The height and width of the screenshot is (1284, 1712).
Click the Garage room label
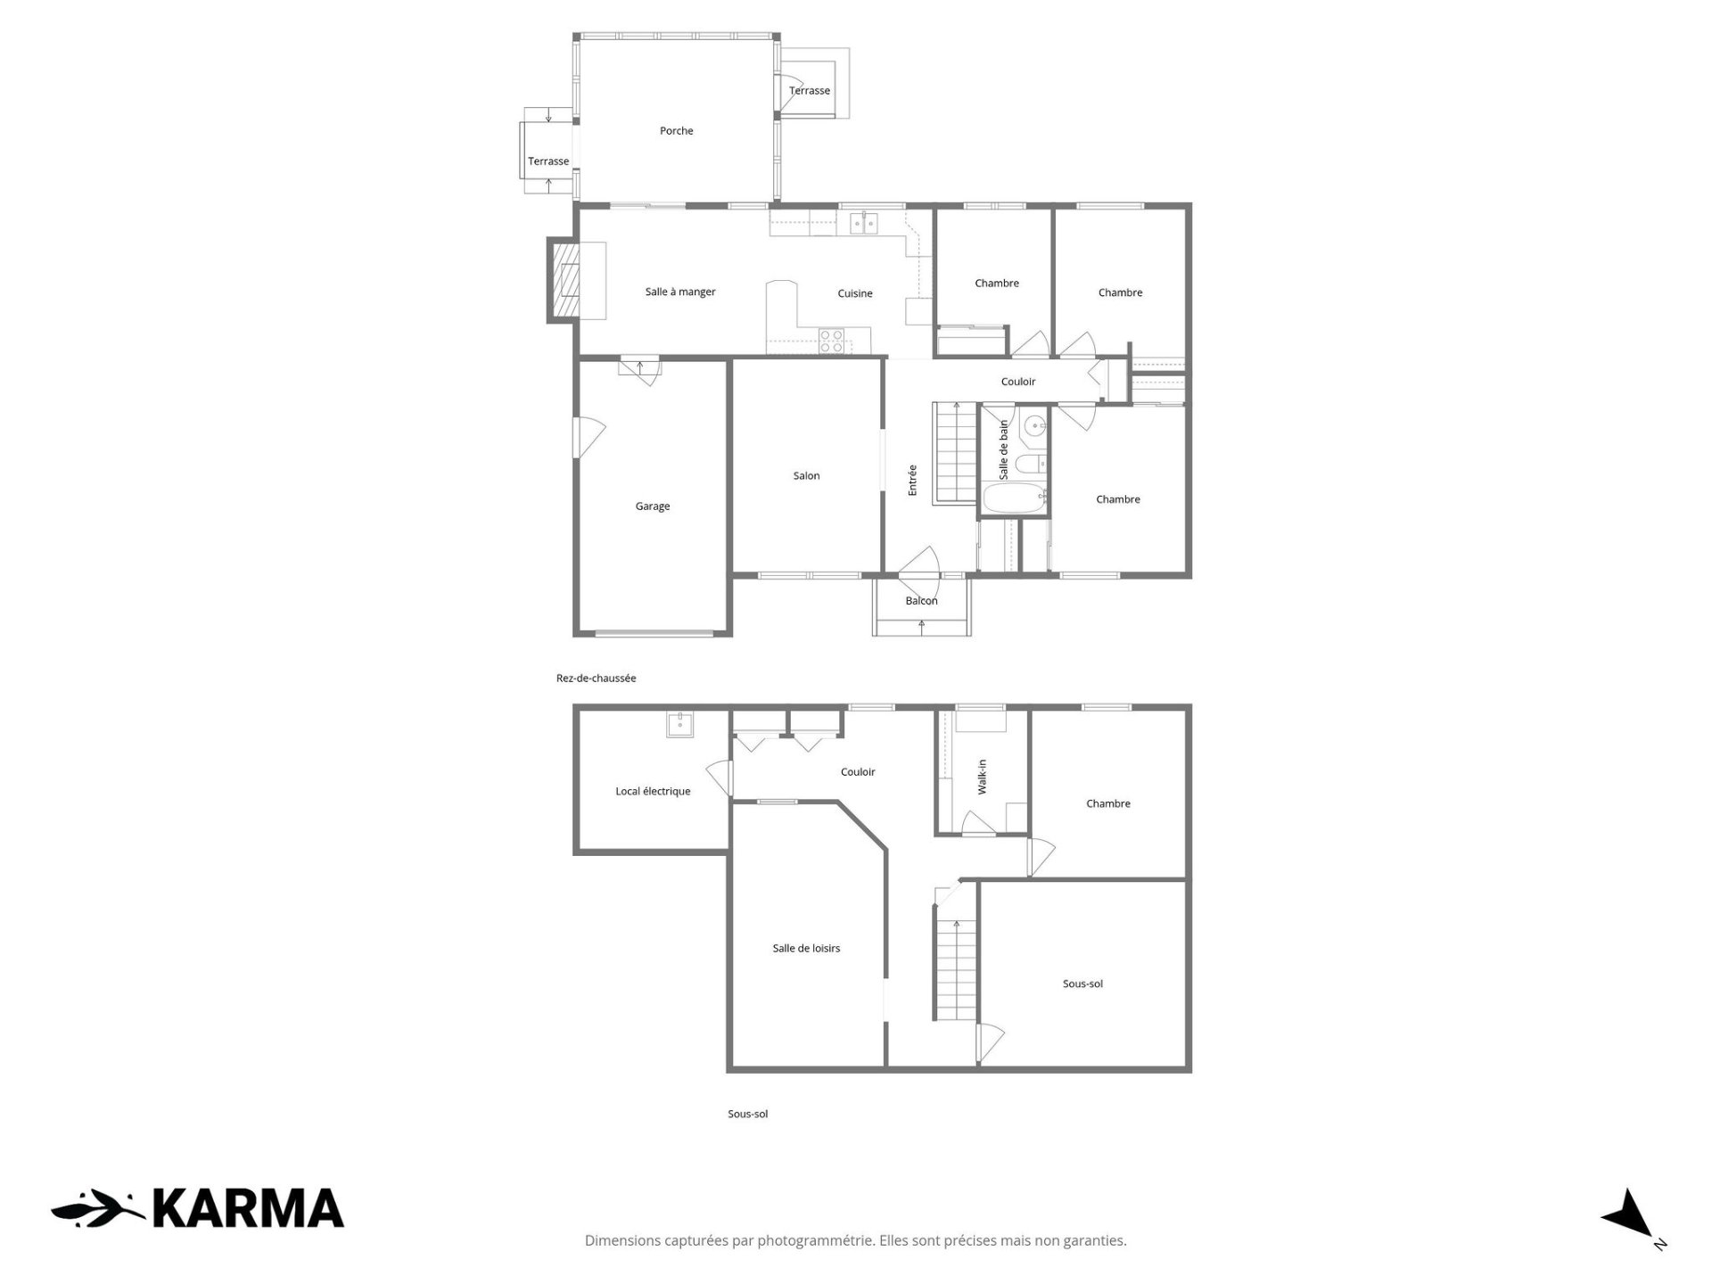[652, 506]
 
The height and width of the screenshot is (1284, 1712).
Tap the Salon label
[806, 476]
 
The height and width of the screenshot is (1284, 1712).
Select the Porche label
[676, 131]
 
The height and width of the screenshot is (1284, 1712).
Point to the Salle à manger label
[680, 292]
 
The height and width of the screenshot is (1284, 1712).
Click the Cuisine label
[855, 293]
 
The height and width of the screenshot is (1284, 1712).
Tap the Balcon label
[921, 601]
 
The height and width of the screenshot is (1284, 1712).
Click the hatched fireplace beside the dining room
[567, 280]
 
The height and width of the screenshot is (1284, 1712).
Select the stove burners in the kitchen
[832, 342]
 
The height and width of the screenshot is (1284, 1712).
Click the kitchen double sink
[862, 223]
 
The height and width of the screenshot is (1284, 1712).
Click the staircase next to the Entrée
[955, 453]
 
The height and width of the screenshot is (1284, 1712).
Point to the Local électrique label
[653, 792]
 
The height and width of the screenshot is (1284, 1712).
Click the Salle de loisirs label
[806, 949]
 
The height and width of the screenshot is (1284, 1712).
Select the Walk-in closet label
[982, 777]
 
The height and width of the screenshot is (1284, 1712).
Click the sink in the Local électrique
[679, 724]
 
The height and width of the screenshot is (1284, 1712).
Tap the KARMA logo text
[248, 1209]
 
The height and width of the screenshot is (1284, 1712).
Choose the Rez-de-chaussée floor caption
[596, 679]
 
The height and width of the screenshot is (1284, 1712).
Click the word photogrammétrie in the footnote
[817, 1241]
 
